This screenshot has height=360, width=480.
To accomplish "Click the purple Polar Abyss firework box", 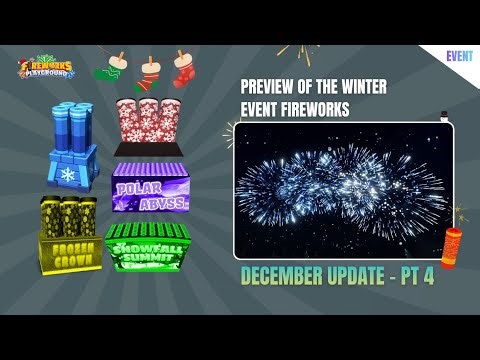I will click(x=147, y=187).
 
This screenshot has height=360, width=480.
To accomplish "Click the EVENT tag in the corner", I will click(x=460, y=57).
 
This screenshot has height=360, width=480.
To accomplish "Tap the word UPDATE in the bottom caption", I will click(x=359, y=277).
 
